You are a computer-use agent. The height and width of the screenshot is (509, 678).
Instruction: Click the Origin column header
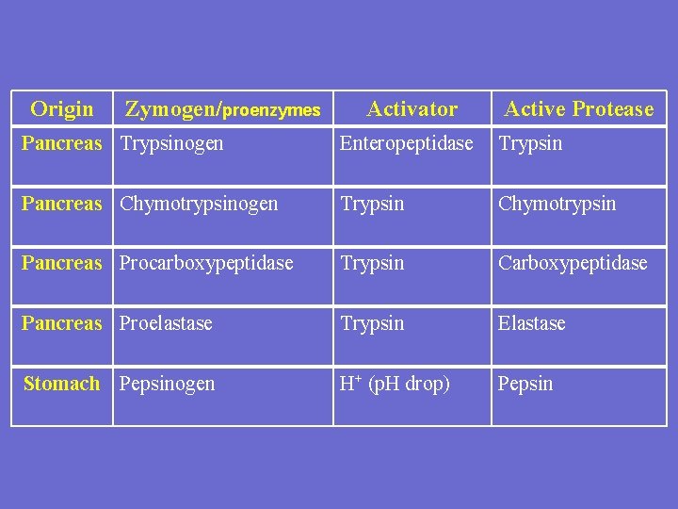(62, 109)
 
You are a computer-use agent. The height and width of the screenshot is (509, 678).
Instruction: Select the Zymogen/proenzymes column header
(223, 110)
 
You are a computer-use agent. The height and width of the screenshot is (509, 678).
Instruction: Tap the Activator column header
(412, 109)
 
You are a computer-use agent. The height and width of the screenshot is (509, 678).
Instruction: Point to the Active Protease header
(578, 109)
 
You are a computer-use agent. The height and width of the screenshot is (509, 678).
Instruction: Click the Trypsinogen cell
(171, 144)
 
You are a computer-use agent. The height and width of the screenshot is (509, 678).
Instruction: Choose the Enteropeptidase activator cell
(406, 144)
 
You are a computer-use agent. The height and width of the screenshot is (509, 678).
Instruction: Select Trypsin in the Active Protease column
(530, 144)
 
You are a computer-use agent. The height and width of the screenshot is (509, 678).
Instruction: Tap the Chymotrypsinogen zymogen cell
(199, 204)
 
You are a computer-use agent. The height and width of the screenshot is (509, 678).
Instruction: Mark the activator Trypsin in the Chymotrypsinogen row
(372, 204)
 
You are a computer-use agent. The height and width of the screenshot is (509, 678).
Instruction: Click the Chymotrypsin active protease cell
(557, 204)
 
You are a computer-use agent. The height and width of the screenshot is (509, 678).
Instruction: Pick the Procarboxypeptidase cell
(206, 264)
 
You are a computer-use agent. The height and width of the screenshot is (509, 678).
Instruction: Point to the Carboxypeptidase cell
(573, 264)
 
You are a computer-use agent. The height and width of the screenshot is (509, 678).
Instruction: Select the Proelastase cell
(166, 323)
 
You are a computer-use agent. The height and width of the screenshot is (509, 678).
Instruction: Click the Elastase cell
(532, 323)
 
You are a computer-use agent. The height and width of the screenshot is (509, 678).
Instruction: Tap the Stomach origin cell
(61, 384)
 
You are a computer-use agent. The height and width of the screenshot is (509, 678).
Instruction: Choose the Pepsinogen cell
(167, 385)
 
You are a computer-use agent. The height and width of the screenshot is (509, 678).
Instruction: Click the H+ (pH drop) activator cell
(395, 384)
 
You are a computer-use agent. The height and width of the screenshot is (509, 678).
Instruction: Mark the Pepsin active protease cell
(525, 385)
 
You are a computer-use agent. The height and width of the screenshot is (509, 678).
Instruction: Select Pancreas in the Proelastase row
(61, 323)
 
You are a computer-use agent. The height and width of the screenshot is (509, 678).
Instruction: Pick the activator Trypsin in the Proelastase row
(372, 323)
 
